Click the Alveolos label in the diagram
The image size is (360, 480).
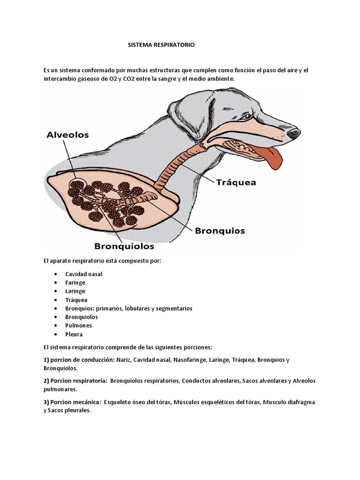tap(68, 135)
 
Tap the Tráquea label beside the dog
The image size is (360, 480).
tap(236, 182)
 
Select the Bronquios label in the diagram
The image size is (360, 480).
tap(219, 231)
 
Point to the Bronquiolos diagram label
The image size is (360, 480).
tap(124, 245)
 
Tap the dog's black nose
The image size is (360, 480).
tap(293, 135)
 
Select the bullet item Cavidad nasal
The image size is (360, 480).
tap(84, 274)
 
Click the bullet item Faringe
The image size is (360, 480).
tap(75, 283)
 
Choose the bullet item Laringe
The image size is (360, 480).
tap(75, 291)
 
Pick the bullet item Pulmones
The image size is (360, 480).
tap(79, 325)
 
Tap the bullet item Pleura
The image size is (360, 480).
tap(74, 334)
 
